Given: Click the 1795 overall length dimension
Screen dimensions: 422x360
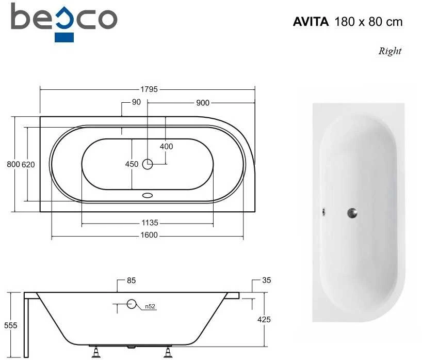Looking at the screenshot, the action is tap(149, 89).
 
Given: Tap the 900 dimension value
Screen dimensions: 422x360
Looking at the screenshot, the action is tap(203, 103).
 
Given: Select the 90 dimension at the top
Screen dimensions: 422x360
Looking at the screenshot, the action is tap(136, 102).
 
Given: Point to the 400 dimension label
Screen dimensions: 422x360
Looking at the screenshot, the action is tap(166, 146).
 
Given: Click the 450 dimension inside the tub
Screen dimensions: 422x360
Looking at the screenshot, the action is tap(132, 164).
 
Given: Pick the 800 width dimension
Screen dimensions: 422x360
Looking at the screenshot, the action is tap(13, 164).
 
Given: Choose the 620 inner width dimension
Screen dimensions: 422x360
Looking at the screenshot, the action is tap(28, 164).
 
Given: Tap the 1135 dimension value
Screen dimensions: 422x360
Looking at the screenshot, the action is tap(150, 223).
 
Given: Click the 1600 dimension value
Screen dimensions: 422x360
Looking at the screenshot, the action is tap(149, 235).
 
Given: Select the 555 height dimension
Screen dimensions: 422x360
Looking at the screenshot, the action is tap(10, 325).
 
